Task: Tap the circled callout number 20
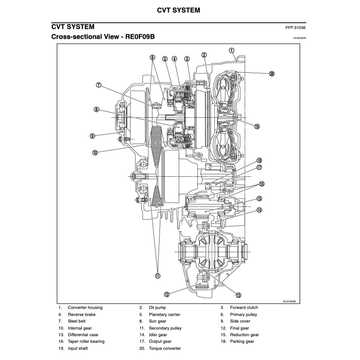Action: click(272, 74)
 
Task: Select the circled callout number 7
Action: click(99, 85)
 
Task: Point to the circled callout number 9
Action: click(92, 135)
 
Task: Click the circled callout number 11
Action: click(157, 276)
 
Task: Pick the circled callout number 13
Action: click(238, 295)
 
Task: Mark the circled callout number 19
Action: click(257, 127)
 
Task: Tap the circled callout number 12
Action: click(166, 294)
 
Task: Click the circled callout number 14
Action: click(259, 210)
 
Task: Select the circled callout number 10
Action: click(95, 152)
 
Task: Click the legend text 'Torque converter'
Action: click(165, 348)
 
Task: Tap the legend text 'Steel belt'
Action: click(77, 321)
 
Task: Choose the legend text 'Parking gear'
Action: click(242, 341)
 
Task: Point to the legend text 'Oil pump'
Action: click(157, 308)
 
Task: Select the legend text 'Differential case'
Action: click(83, 335)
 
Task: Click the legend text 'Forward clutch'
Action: click(244, 308)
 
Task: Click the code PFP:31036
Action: click(296, 28)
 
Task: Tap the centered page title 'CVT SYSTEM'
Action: click(179, 10)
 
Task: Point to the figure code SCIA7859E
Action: click(290, 302)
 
